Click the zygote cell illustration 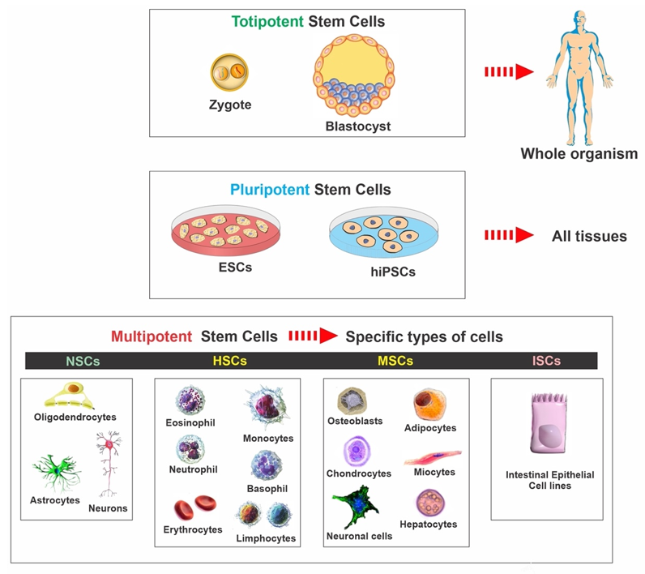pos(229,72)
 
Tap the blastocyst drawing pos(354,75)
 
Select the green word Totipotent pos(267,21)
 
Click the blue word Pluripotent pos(270,190)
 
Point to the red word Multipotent pos(152,336)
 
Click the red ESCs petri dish pos(225,230)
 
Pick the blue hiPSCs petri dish pos(383,233)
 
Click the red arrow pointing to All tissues pos(509,235)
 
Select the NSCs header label pos(83,361)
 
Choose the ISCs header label pos(546,361)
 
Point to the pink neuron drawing pos(109,464)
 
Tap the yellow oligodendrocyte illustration pos(69,396)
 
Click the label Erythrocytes pos(193,529)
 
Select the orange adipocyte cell pos(429,405)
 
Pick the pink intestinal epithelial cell pos(549,423)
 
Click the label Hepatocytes pos(428,525)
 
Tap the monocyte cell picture pos(267,407)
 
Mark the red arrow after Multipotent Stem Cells pos(313,336)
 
